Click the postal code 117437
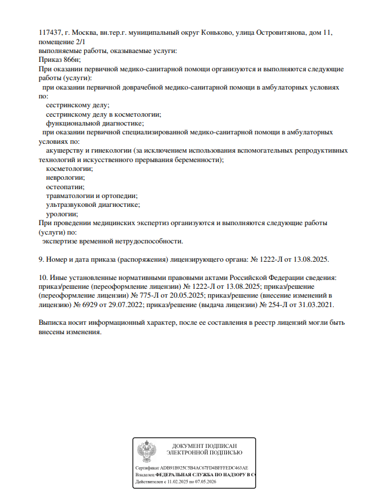(x=49, y=33)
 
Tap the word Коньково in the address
(x=210, y=33)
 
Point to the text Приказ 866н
(x=59, y=60)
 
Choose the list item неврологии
(x=65, y=177)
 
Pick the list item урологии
(x=62, y=214)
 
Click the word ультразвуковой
(x=74, y=205)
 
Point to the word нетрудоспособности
(x=150, y=241)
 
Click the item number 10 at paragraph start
(x=42, y=277)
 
